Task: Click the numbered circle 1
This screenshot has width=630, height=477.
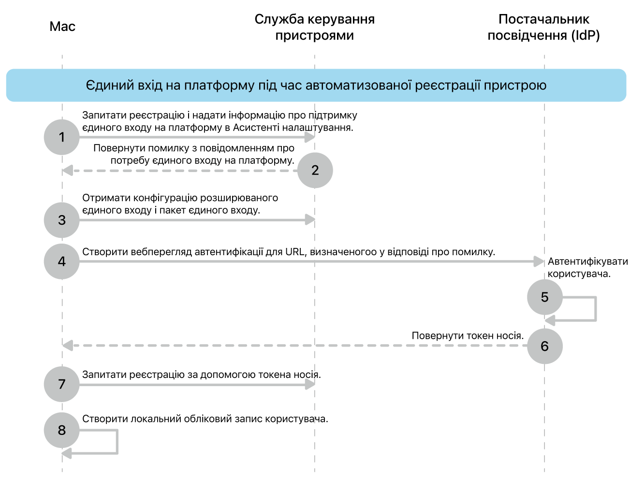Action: point(61,137)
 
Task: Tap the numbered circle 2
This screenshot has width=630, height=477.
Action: point(315,170)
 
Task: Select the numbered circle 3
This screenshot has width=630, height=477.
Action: point(61,220)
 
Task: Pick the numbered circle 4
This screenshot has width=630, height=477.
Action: point(61,261)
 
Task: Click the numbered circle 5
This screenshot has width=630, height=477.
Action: point(544,297)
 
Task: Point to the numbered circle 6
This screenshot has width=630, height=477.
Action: point(544,346)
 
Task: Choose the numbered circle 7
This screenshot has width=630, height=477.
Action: point(61,384)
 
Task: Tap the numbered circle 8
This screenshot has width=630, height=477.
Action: point(61,430)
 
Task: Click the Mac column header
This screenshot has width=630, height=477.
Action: point(62,27)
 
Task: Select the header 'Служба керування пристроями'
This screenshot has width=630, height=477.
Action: point(314,27)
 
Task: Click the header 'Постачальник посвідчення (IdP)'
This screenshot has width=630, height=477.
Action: point(543,27)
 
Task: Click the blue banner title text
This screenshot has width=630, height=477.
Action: point(316,86)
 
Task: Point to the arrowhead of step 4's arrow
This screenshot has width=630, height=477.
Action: point(539,261)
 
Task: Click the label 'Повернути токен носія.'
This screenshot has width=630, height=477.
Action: point(468,335)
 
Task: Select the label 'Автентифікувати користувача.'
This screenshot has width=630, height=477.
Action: point(587,268)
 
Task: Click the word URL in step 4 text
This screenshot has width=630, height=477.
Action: point(295,252)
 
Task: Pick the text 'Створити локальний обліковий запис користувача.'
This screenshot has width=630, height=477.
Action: point(205,419)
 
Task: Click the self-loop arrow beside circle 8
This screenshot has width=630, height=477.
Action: point(116,442)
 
